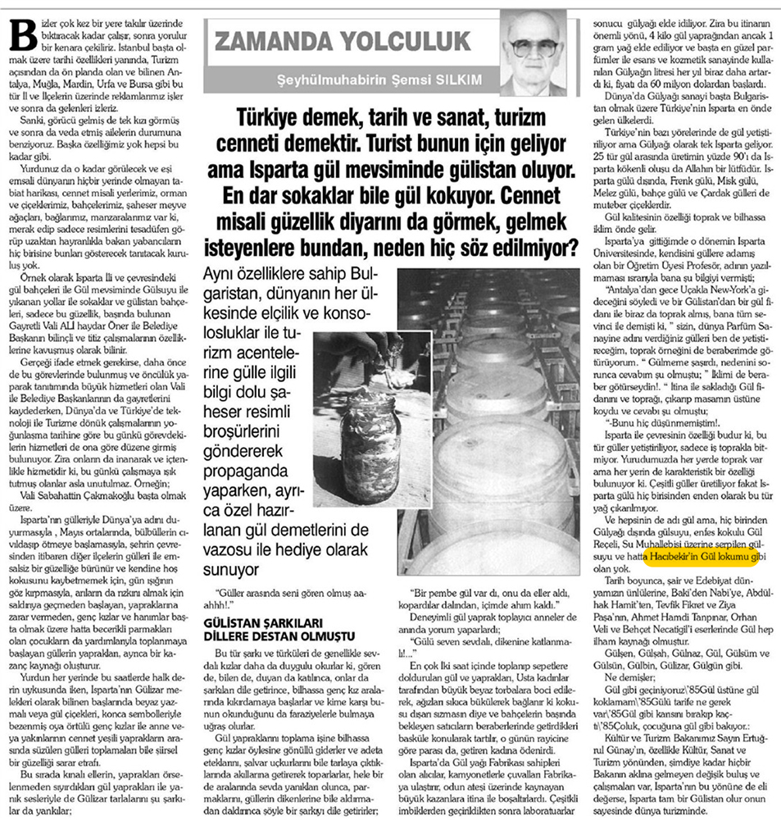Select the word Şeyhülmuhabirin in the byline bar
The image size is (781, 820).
326,81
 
